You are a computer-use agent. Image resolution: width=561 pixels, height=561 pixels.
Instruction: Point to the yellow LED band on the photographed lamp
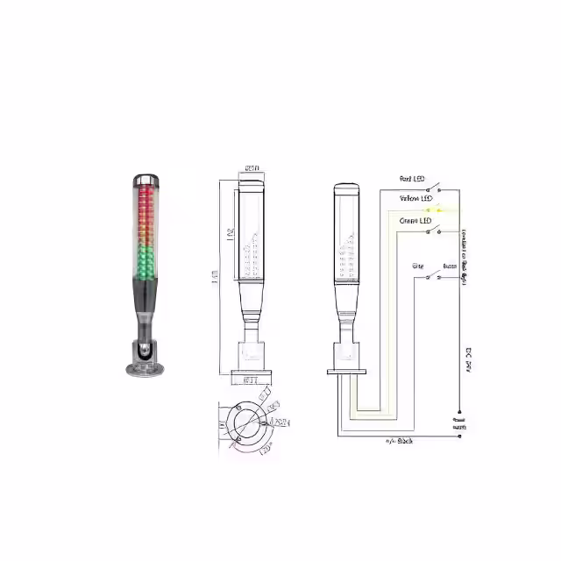[x=146, y=232]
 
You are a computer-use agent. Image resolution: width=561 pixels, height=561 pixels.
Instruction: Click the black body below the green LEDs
[x=146, y=298]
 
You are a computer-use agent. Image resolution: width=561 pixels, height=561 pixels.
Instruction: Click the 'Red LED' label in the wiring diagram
[x=411, y=180]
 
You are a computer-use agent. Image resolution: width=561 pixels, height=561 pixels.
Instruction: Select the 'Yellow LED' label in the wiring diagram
[x=415, y=199]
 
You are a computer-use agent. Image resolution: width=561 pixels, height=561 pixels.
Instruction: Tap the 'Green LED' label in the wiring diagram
[x=415, y=221]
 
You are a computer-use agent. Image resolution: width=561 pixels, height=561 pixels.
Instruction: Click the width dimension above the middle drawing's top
[x=252, y=167]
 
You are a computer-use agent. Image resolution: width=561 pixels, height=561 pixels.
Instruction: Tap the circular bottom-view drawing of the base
[x=247, y=425]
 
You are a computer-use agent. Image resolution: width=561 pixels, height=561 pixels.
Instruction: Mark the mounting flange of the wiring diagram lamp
[x=345, y=372]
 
